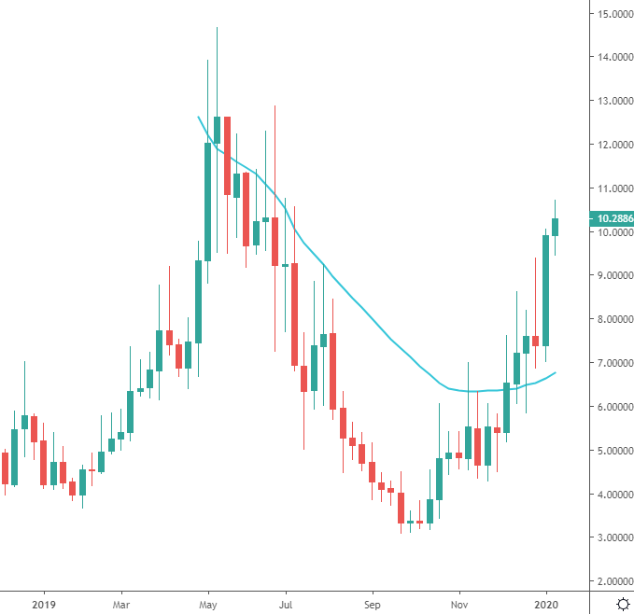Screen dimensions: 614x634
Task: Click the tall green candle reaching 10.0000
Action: pos(545,289)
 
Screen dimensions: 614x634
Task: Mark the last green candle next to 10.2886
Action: pos(555,227)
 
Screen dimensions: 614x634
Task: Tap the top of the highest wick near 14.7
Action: pos(217,28)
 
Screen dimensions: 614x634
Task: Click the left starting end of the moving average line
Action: pos(197,117)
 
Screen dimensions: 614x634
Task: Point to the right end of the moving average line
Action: pos(557,372)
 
